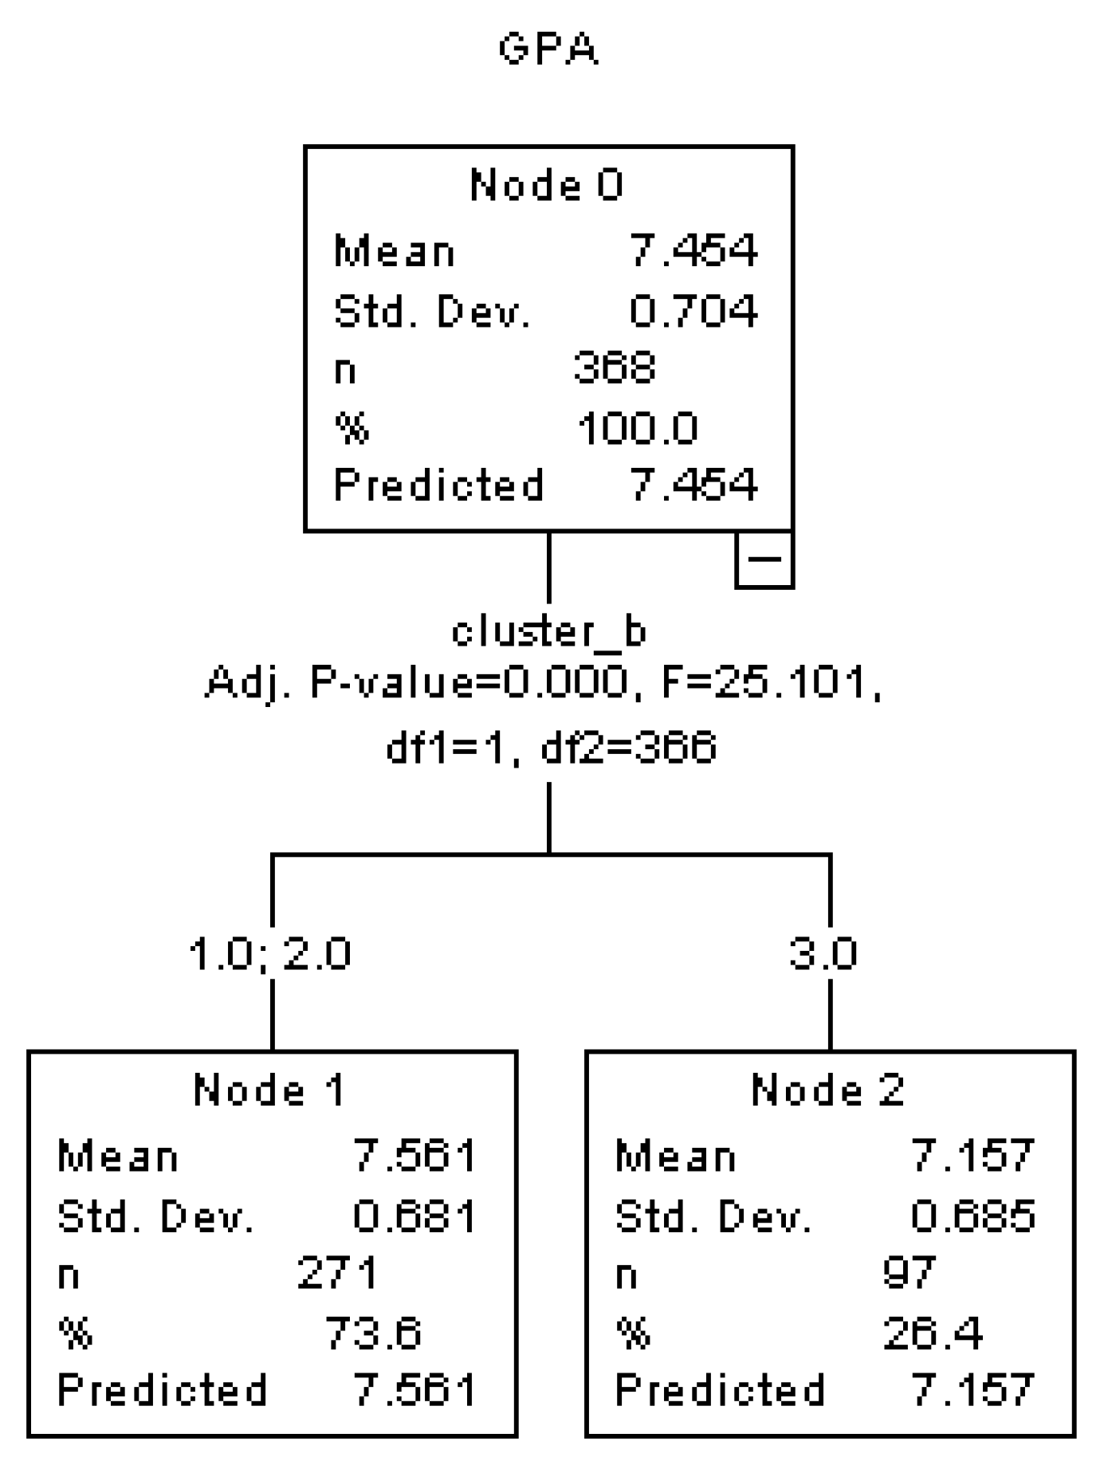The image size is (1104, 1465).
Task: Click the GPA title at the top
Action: pos(548,49)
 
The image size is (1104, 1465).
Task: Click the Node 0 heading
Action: pos(547,185)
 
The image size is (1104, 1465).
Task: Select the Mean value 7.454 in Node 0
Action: pos(693,250)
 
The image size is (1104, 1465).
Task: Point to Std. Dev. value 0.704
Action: pos(693,310)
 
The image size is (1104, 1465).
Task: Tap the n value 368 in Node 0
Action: pos(614,368)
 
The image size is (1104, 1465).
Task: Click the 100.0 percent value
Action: pos(638,428)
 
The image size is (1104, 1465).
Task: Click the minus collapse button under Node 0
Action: pos(764,560)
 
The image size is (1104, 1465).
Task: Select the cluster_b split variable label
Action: pos(548,632)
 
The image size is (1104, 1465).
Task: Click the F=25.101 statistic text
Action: pos(772,682)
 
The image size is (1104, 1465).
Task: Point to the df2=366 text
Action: pos(628,748)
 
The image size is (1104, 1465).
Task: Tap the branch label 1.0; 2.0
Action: pos(269,953)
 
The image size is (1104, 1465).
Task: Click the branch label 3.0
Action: pos(823,953)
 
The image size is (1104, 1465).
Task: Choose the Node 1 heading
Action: pos(269,1090)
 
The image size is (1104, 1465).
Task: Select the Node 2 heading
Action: pos(827,1090)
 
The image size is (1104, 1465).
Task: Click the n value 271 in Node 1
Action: pos(337,1273)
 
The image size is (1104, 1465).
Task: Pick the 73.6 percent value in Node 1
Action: pos(373,1332)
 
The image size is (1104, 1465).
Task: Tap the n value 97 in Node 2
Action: pos(908,1273)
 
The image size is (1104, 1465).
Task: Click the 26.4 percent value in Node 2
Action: pos(933,1332)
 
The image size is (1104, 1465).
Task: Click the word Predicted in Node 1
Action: pos(163,1390)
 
